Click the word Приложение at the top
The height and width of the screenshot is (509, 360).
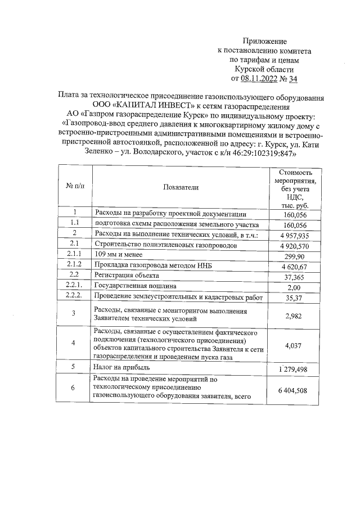[x=264, y=41]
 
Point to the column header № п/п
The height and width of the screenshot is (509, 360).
[x=74, y=187]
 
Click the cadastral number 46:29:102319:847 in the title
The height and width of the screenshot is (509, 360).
[x=262, y=153]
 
